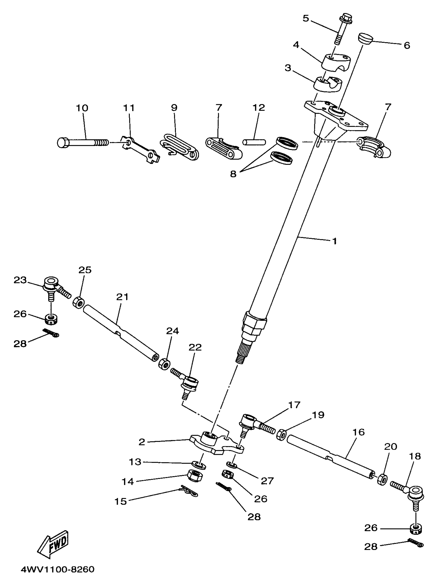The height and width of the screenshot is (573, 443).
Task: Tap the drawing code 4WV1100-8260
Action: [x=57, y=569]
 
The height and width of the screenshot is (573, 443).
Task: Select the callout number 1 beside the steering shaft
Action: [x=334, y=241]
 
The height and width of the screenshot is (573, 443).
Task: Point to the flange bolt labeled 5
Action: [x=341, y=29]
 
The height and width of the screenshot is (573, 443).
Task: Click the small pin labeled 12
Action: [x=254, y=142]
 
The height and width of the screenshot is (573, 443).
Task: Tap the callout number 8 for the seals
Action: [x=233, y=174]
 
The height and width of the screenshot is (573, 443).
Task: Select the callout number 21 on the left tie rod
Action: [x=122, y=297]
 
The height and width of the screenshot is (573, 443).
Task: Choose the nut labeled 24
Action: [x=164, y=364]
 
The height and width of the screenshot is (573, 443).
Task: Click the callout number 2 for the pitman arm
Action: [x=142, y=442]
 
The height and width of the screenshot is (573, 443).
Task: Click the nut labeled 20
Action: [x=382, y=479]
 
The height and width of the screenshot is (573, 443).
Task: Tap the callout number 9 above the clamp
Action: [x=174, y=108]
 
